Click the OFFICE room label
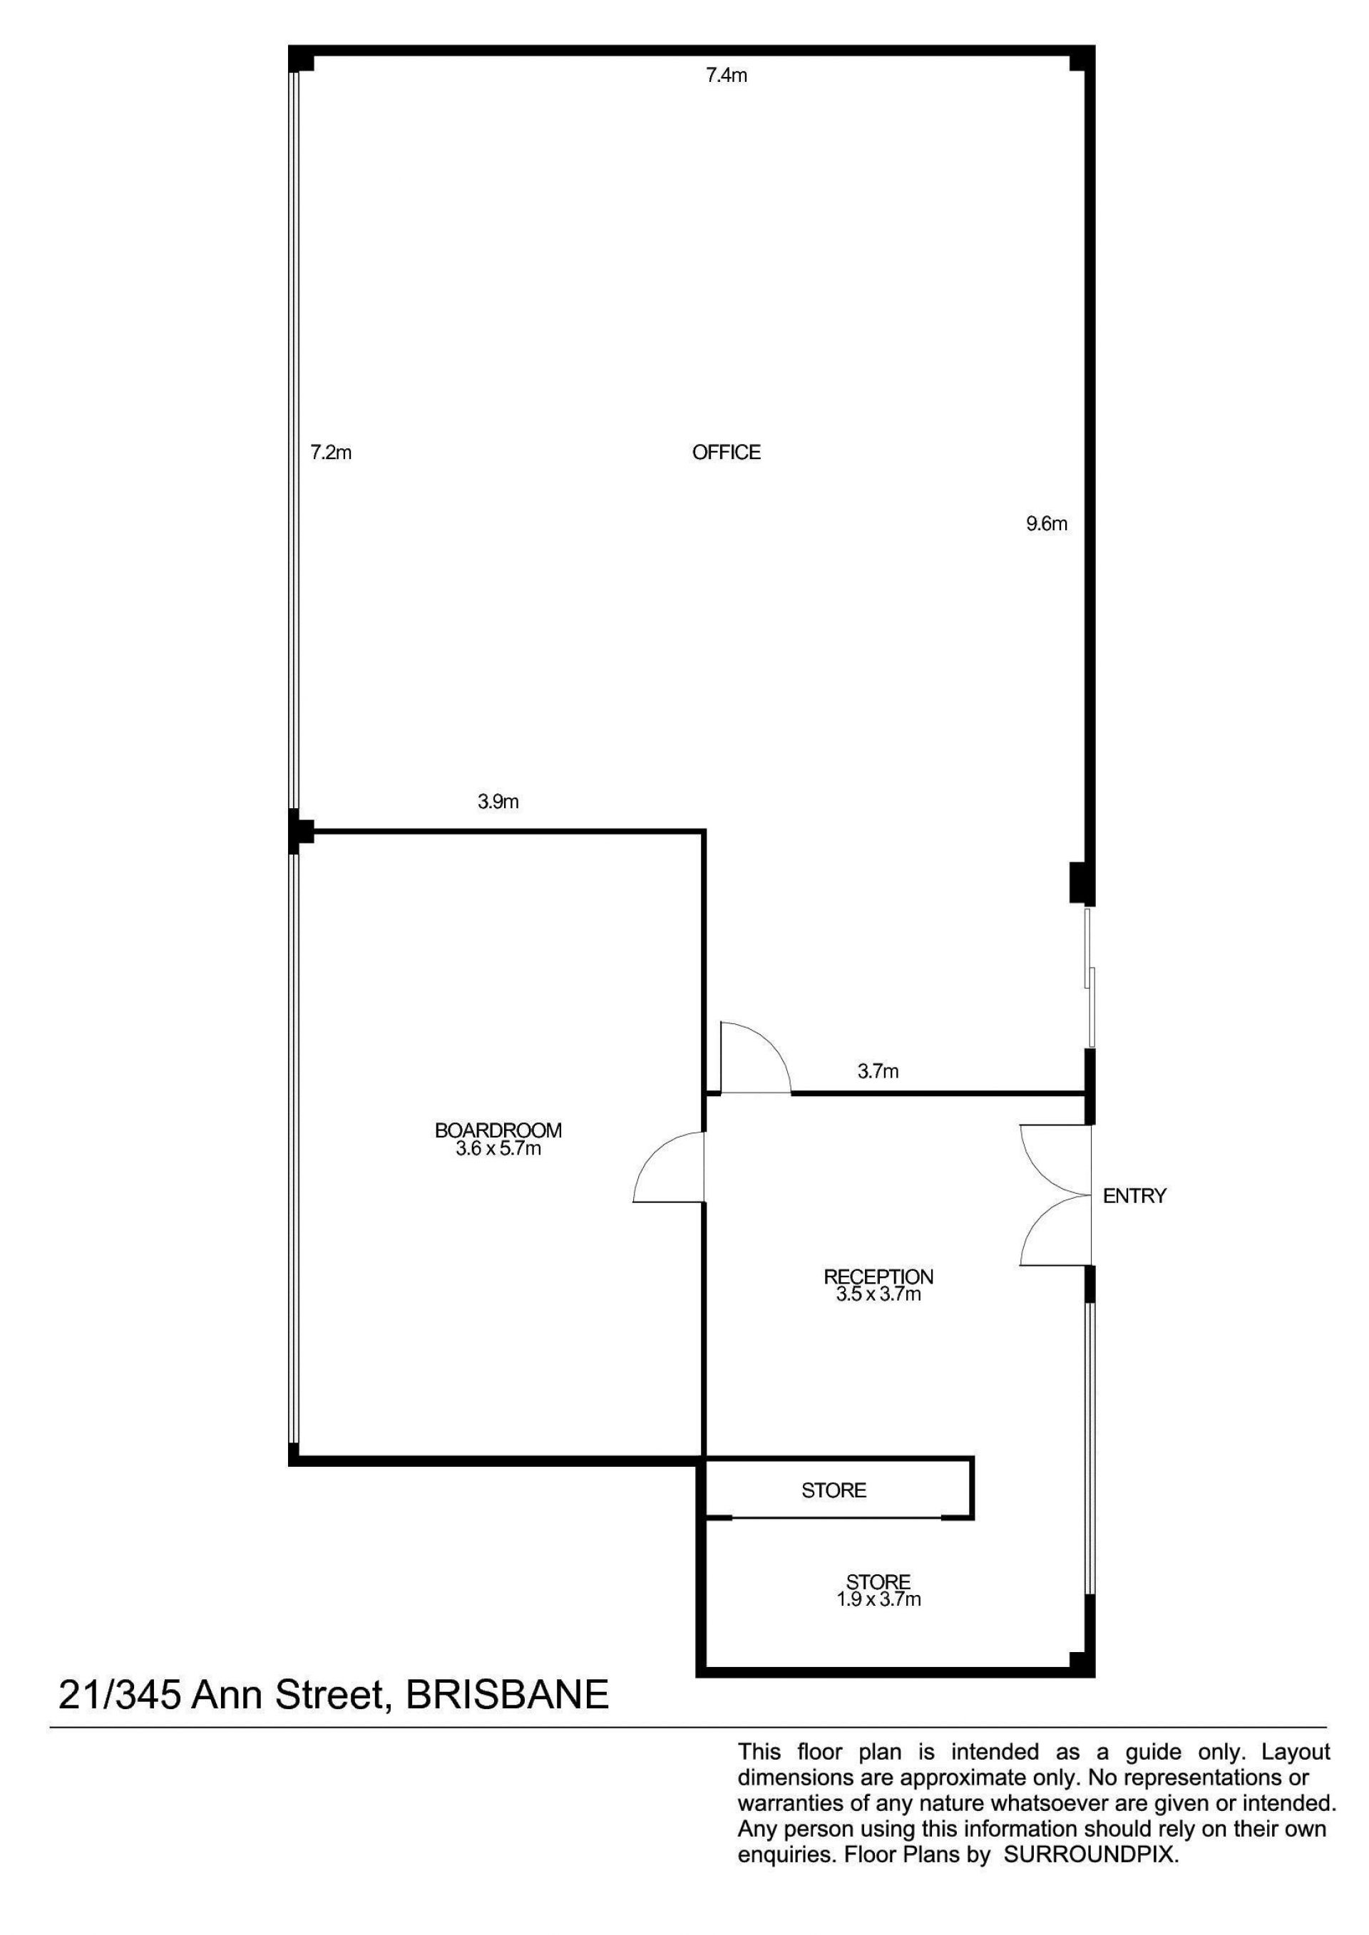tap(726, 453)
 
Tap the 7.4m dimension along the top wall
tap(726, 76)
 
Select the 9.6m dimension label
tap(1046, 523)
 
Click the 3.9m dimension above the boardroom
tap(498, 802)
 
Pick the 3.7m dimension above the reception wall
tap(878, 1071)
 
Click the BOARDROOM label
tap(498, 1131)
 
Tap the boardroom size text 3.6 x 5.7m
tap(498, 1149)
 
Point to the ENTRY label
tap(1134, 1195)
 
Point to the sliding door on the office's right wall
tap(1090, 978)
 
